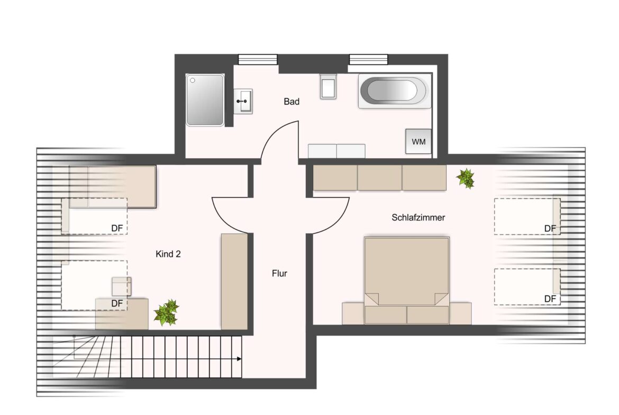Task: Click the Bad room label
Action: tap(292, 102)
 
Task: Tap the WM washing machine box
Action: tap(418, 141)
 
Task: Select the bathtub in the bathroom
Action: tap(394, 91)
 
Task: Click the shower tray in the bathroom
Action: tap(205, 100)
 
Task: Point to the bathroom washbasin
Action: tap(243, 102)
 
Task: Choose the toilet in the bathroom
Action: tap(328, 86)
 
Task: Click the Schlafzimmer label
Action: tap(418, 217)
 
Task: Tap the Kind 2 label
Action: tap(168, 254)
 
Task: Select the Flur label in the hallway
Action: tap(279, 273)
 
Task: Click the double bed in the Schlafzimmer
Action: tap(407, 280)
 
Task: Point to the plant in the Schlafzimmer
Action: tap(466, 178)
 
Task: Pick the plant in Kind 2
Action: tap(167, 312)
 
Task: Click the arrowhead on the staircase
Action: tap(239, 359)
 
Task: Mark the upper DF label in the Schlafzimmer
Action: tap(550, 228)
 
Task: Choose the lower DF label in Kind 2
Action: tap(117, 303)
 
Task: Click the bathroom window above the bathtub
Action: tap(368, 59)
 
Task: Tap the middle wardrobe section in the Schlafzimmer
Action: tap(380, 178)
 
